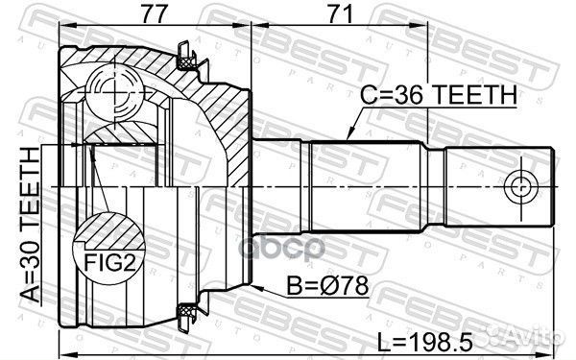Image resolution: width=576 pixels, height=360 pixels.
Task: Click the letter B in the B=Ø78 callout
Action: coord(293,286)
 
